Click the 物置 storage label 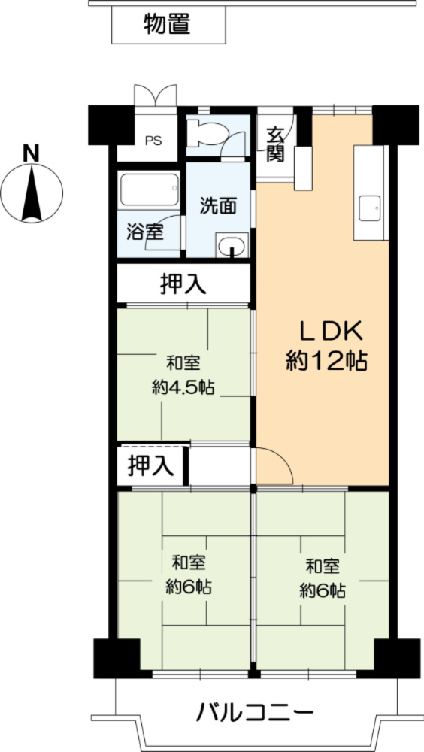167,25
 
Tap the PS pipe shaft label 153,140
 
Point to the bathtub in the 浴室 150,190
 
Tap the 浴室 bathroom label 145,232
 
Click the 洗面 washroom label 218,205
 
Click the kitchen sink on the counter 370,208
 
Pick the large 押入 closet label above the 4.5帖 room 183,284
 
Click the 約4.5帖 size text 183,388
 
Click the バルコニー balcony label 254,711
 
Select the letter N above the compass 31,153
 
